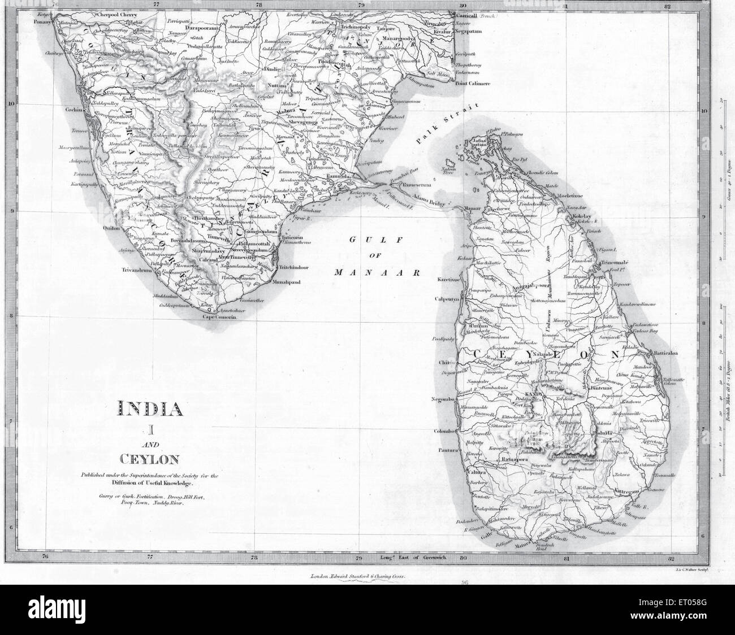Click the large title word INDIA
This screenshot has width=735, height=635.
tap(149, 408)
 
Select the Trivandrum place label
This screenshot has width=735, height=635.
tap(137, 270)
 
